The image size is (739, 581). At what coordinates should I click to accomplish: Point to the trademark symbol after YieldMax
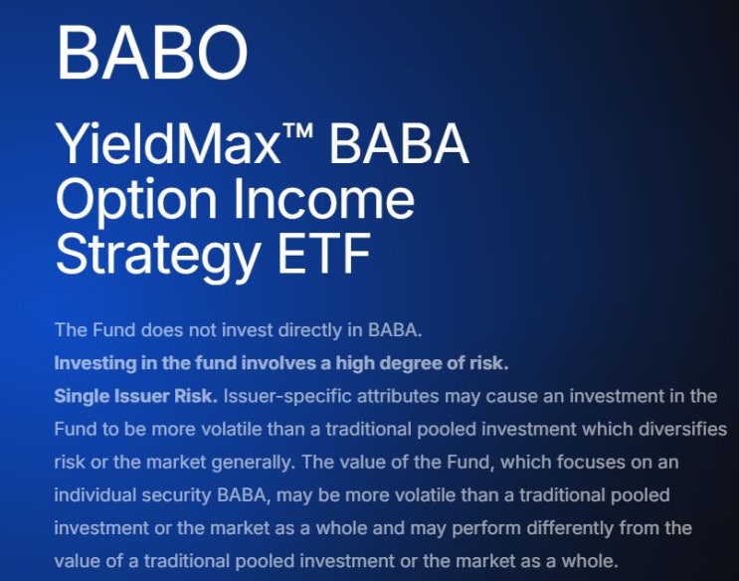(304, 135)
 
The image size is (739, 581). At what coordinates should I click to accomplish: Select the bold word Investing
(92, 361)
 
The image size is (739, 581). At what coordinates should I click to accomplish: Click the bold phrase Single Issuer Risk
(135, 395)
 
